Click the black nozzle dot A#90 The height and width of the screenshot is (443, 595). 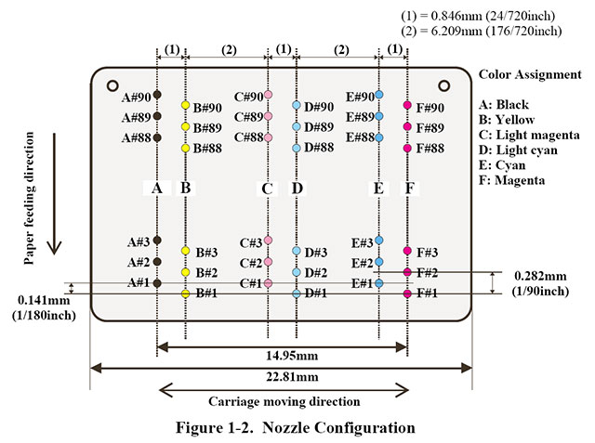click(x=157, y=95)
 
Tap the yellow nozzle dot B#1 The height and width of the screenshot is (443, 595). click(x=185, y=293)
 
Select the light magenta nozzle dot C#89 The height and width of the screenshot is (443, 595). click(x=268, y=116)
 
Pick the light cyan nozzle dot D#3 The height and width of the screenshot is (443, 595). click(x=297, y=251)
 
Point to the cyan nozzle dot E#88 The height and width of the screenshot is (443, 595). click(x=378, y=137)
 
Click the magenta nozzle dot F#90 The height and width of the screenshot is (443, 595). click(x=407, y=105)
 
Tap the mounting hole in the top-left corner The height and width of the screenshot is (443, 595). click(x=112, y=85)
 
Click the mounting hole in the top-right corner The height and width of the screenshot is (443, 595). click(x=443, y=85)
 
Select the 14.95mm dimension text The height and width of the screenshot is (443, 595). click(x=292, y=356)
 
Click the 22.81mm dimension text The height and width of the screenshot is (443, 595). click(x=292, y=377)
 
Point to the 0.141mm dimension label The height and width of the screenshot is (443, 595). click(x=44, y=300)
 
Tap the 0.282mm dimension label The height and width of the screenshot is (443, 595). click(x=540, y=276)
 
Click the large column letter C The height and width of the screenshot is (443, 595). click(x=267, y=189)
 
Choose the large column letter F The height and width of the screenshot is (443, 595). click(x=410, y=188)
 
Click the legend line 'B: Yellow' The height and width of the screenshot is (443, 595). click(x=507, y=120)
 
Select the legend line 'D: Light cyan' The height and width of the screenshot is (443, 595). click(x=518, y=150)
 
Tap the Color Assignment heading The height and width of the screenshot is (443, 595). click(x=530, y=74)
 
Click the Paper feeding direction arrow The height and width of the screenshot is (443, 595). click(x=54, y=194)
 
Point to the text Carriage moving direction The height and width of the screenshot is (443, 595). click(x=284, y=401)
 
